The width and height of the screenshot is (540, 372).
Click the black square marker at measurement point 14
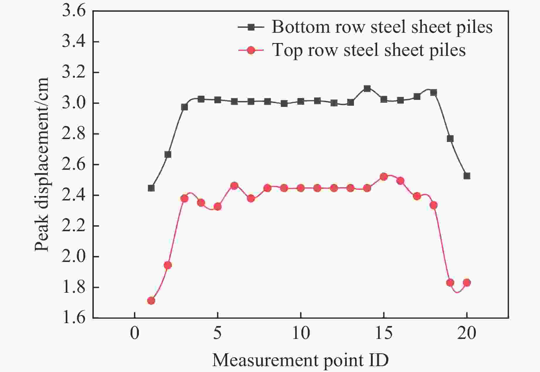tap(367, 88)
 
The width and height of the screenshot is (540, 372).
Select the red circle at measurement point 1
tap(151, 301)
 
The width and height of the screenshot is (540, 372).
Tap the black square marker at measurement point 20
tap(467, 176)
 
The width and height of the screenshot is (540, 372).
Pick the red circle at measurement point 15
tap(384, 177)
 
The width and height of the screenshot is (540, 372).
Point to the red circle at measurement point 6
tap(234, 186)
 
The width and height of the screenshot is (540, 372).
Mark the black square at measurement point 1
tap(151, 188)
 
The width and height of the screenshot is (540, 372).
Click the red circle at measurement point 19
tap(450, 282)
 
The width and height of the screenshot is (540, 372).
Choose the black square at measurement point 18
tap(434, 92)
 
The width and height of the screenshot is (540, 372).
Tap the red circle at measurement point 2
tap(168, 265)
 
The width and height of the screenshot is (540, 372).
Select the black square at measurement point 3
tap(184, 107)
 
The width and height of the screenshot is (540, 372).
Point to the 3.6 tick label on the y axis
tap(74, 12)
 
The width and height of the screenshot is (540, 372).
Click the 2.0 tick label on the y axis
tap(74, 257)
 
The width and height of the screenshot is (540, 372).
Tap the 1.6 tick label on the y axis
tap(74, 318)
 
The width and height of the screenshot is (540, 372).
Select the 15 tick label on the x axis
tap(384, 333)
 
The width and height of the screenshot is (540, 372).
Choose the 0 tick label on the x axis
tap(134, 333)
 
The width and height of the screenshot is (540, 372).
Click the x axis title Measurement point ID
tap(300, 360)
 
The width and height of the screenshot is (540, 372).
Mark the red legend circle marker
tap(251, 50)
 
